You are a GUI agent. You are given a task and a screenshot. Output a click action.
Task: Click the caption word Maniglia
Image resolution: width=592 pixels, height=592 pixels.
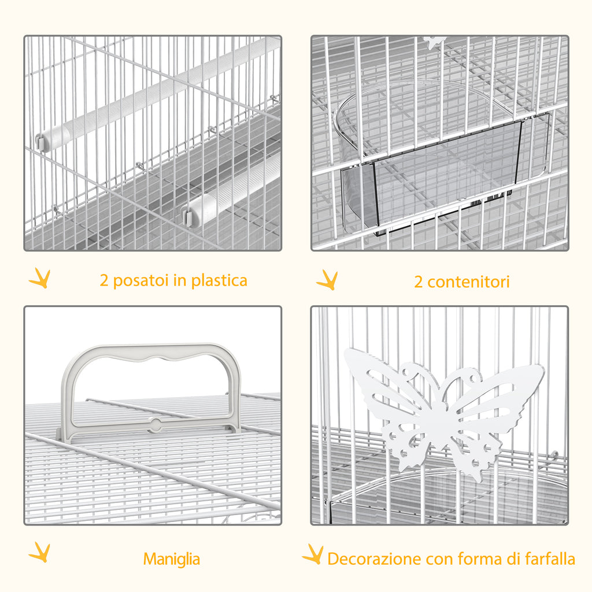172,560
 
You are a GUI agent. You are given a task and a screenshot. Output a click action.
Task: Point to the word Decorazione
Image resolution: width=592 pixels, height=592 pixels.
374,560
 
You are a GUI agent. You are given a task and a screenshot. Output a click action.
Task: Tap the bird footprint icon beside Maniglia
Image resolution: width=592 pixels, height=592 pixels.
39,552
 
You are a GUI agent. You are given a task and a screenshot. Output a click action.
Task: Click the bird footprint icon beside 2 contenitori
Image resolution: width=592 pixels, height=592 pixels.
327,280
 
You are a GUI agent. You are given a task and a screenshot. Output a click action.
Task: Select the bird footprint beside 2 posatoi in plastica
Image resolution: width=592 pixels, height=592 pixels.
39,278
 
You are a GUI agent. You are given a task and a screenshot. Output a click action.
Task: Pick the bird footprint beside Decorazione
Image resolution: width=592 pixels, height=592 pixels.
313,554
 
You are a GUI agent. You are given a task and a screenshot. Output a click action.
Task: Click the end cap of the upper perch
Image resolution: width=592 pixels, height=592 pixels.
43,140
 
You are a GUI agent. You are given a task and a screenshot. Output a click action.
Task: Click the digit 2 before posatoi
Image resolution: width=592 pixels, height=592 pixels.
104,281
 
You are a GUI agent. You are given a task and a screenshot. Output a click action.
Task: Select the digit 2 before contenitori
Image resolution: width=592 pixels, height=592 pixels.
418,282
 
